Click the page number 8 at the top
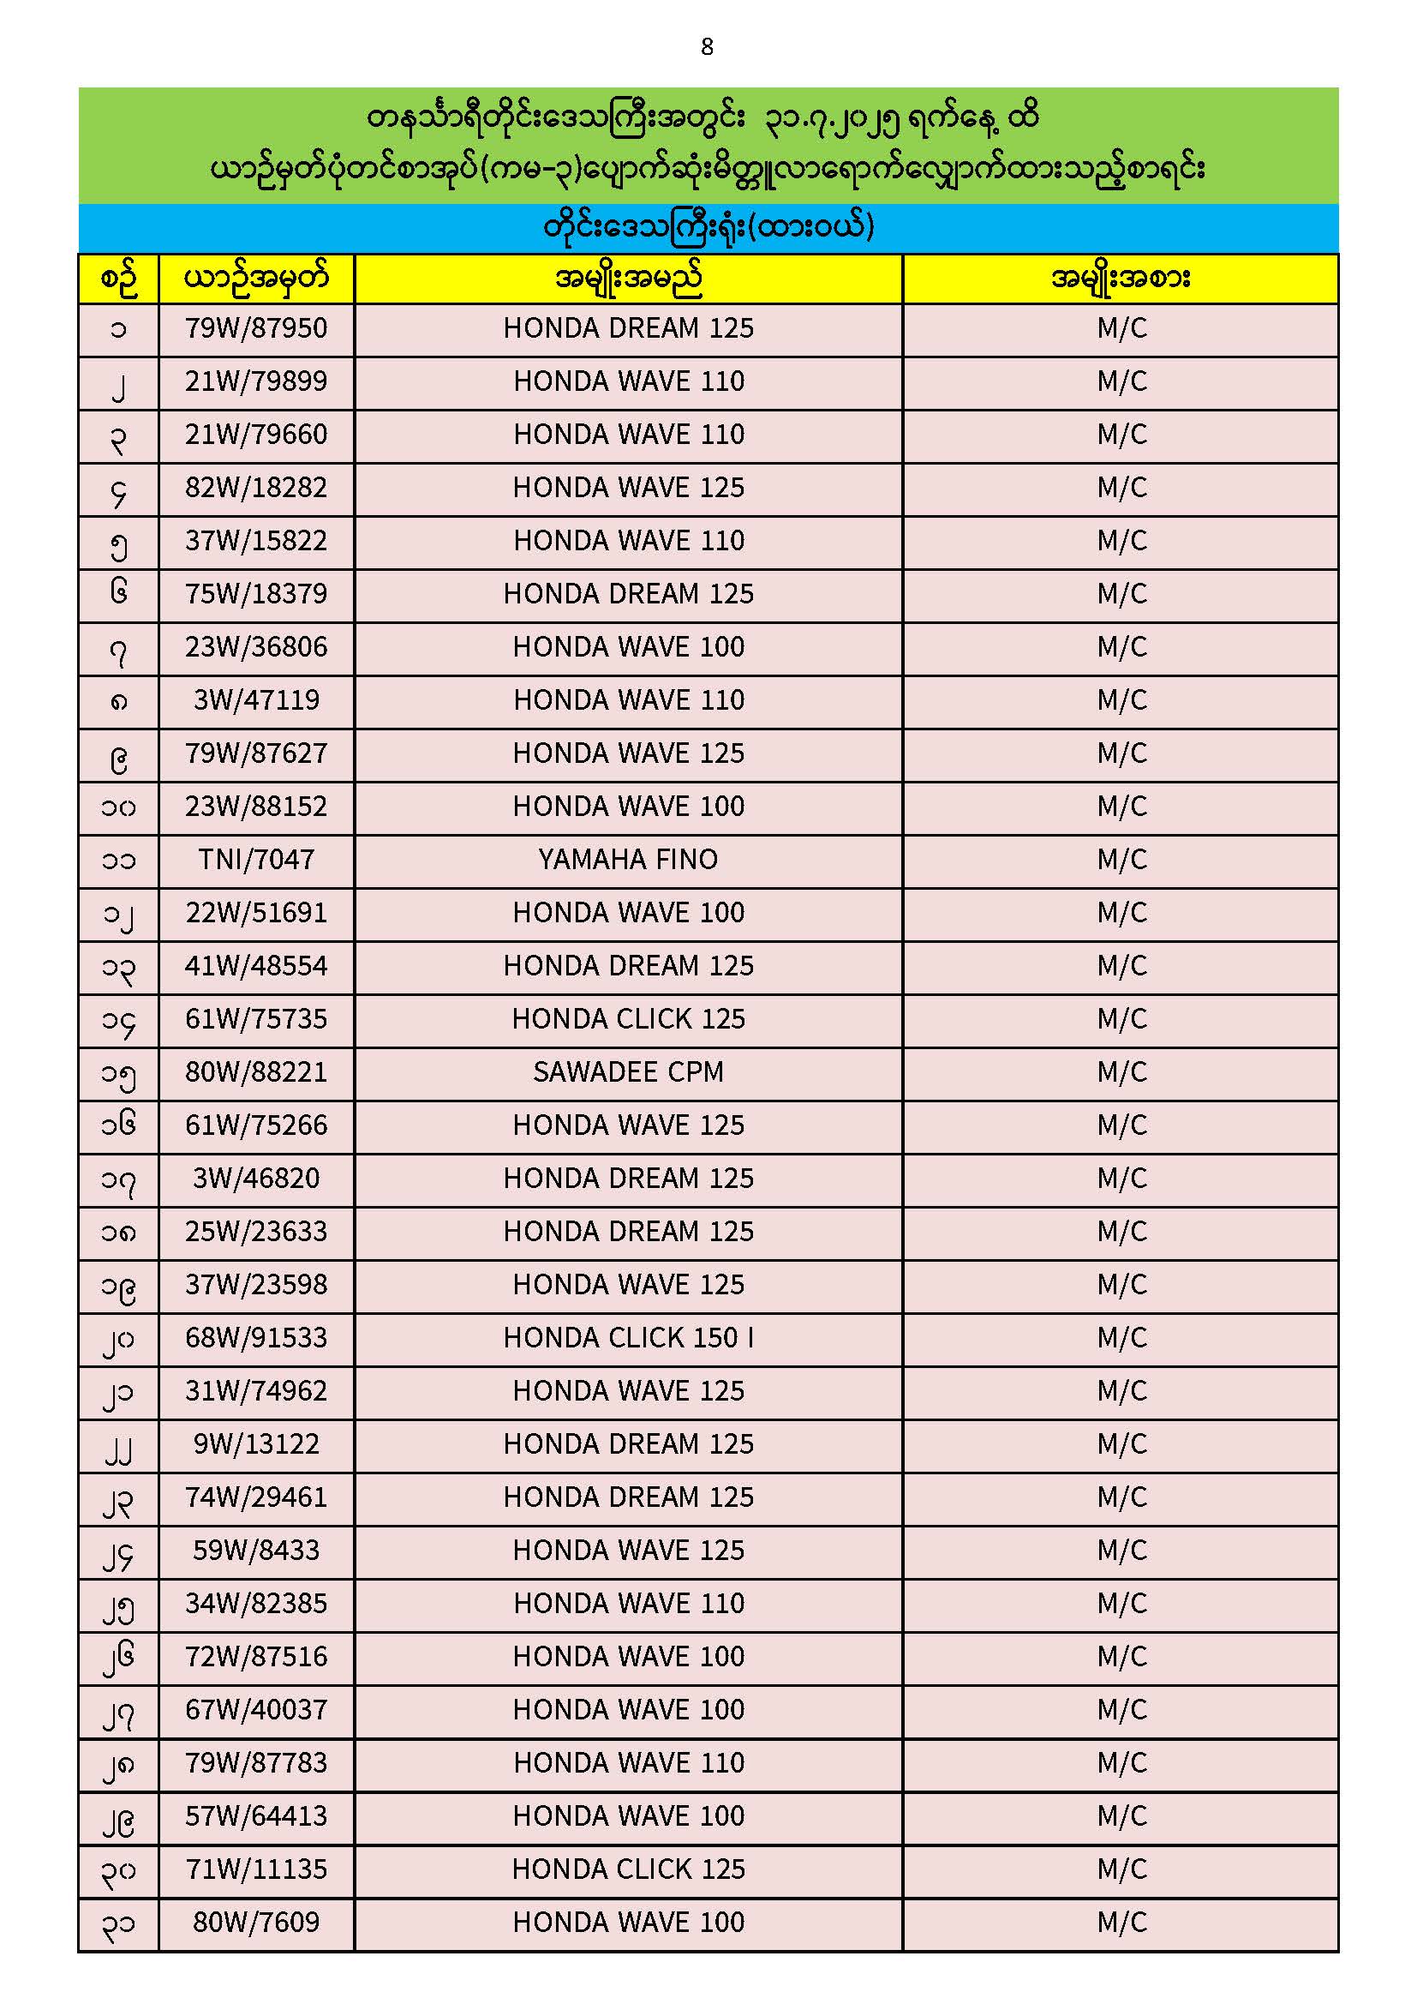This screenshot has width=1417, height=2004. (707, 47)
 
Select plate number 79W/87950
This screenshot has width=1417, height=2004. (255, 329)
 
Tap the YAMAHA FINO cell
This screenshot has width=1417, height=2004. (628, 861)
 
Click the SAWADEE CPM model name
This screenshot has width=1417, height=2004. (628, 1072)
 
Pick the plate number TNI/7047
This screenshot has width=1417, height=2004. (255, 861)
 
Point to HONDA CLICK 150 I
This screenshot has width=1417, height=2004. (628, 1338)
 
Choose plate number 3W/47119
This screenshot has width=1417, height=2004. (255, 701)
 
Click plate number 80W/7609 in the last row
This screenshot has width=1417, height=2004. (255, 1923)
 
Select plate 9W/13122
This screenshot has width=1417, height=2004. (255, 1444)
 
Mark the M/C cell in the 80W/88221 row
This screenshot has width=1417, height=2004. (1121, 1072)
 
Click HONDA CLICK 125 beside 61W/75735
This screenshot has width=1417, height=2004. (628, 1019)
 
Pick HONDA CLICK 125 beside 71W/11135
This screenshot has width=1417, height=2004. (628, 1869)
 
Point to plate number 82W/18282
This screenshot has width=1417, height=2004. (255, 488)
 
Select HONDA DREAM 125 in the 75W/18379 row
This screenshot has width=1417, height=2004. (628, 594)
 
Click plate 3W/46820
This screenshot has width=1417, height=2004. (255, 1179)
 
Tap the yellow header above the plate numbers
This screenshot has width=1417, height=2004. (255, 279)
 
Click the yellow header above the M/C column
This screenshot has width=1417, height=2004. (1121, 279)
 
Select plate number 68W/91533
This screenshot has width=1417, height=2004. (255, 1338)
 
